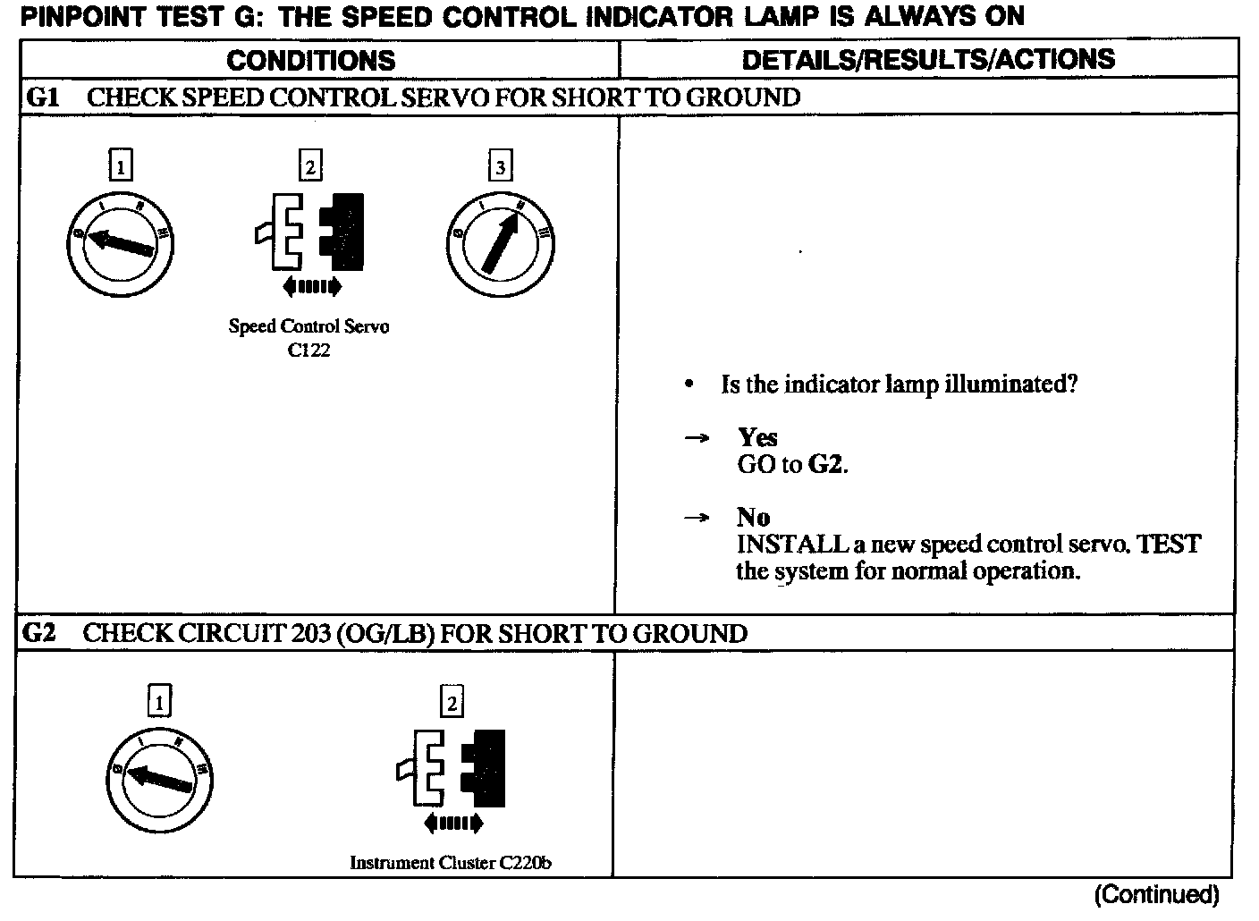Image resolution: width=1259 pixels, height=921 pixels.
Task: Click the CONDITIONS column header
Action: (310, 60)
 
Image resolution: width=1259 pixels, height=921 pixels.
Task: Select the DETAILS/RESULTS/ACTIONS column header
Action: (928, 59)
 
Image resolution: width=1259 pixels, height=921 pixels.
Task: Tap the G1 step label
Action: (43, 97)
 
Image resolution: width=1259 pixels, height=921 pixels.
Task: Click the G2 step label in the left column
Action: (39, 633)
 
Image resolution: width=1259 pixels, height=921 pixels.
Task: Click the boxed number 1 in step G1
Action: (120, 165)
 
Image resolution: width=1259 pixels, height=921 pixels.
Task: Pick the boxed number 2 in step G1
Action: (309, 166)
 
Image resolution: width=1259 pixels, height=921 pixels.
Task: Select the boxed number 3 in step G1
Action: (500, 166)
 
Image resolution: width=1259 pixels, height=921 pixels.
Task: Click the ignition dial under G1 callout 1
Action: (120, 241)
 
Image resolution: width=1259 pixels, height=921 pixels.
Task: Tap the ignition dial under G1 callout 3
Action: (500, 242)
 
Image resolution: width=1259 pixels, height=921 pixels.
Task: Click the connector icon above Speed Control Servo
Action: (309, 232)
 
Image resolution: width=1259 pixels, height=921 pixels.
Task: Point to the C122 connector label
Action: (308, 351)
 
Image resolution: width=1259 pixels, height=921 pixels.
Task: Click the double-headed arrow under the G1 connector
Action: (310, 286)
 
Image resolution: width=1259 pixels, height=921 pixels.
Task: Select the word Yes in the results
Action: (757, 437)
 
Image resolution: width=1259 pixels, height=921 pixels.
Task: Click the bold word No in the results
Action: (753, 517)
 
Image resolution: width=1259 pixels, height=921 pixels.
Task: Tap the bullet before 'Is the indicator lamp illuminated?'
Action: (688, 385)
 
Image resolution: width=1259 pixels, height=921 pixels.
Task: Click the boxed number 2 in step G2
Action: (452, 703)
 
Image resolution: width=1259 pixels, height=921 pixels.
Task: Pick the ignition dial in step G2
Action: (158, 778)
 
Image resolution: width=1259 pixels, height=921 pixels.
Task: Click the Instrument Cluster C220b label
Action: (450, 863)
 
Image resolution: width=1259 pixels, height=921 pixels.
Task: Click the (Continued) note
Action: (1156, 894)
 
